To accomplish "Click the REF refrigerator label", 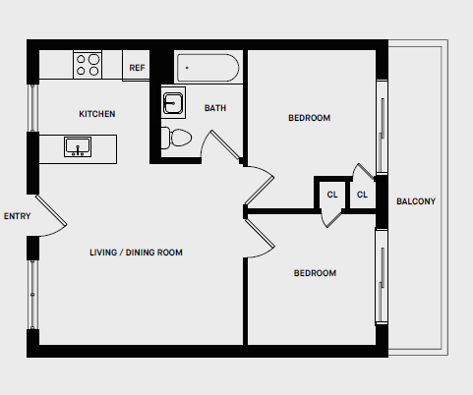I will click(x=138, y=68).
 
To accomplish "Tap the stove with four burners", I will click(x=88, y=65).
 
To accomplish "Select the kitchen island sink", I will click(x=78, y=146).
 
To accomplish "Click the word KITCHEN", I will click(x=97, y=114).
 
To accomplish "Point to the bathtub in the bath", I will click(x=207, y=69).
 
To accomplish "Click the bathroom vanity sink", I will click(x=173, y=103).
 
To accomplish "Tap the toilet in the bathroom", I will click(x=179, y=139).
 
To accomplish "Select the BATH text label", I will click(x=215, y=108).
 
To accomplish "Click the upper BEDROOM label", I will click(x=309, y=118).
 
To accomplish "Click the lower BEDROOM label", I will click(x=315, y=273).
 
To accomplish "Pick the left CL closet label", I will click(x=332, y=195).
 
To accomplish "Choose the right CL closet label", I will click(x=362, y=195).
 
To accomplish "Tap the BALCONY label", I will click(x=416, y=202).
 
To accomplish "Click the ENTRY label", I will click(x=17, y=216).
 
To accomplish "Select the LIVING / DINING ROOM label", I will click(x=136, y=253).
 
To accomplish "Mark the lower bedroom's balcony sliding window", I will click(x=380, y=277).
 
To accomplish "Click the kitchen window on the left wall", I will click(x=32, y=106).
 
